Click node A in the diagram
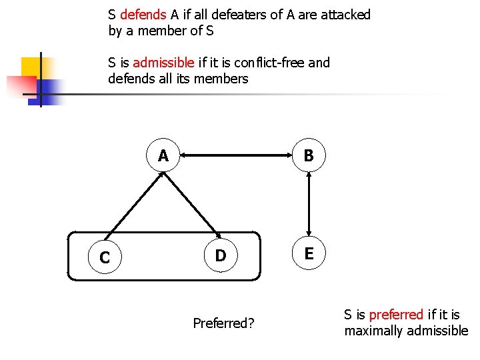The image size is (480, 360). tap(163, 156)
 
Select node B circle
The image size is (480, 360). tap(309, 156)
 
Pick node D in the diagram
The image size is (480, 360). tap(221, 255)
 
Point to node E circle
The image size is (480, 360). tap(309, 254)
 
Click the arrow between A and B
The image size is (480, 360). tap(236, 156)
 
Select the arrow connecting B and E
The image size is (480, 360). tap(309, 205)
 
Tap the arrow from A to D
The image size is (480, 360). tap(193, 207)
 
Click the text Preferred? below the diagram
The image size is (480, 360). tap(223, 323)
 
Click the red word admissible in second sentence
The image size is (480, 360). tap(164, 63)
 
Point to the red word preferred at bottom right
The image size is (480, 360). tap(396, 314)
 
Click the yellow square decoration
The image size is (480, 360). tap(32, 67)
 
